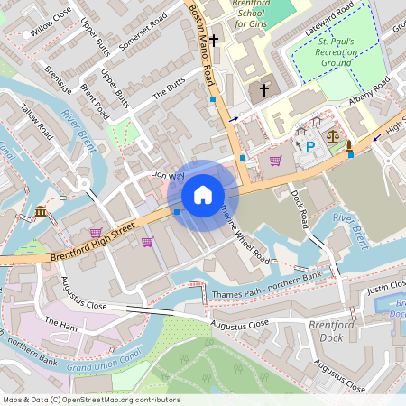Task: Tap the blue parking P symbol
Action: pos(310,147)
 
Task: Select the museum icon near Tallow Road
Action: pos(42,211)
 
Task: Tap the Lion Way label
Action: pos(167,175)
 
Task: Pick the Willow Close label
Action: pos(51,23)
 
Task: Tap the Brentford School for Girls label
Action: pos(257,14)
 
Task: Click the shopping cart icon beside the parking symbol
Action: pos(275,161)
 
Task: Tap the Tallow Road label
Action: pos(38,125)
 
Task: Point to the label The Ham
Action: pos(61,322)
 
